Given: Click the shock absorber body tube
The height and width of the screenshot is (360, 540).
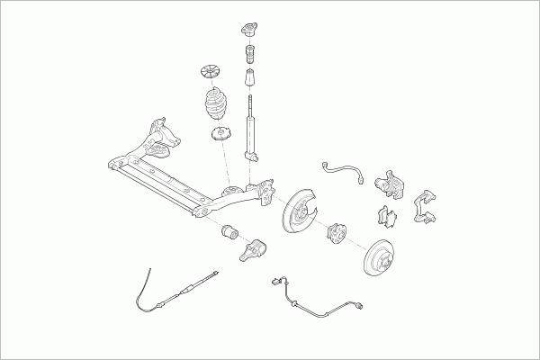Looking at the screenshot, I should pos(251,135).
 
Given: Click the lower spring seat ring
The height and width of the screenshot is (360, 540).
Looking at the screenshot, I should pos(219,137).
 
